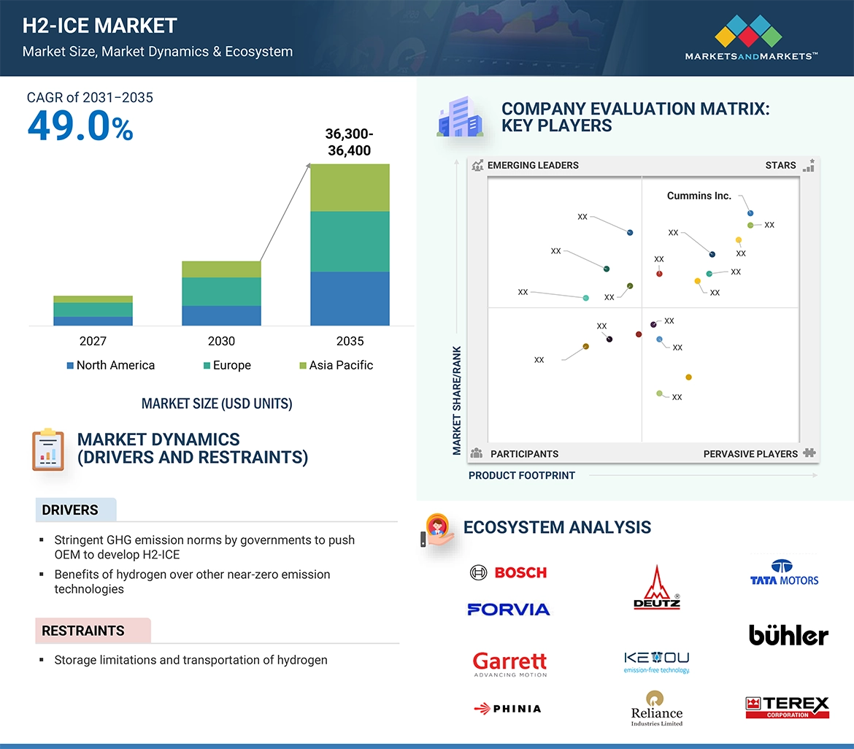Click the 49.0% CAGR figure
pyautogui.click(x=80, y=126)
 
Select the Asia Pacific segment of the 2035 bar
pyautogui.click(x=350, y=188)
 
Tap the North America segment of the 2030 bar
pyautogui.click(x=221, y=315)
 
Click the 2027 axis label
pyautogui.click(x=93, y=341)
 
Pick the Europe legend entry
pyautogui.click(x=227, y=365)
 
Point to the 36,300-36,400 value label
pyautogui.click(x=348, y=142)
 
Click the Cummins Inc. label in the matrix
pyautogui.click(x=699, y=196)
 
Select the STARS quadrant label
pyautogui.click(x=780, y=165)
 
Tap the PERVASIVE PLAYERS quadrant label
pyautogui.click(x=750, y=453)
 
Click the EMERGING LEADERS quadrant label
pyautogui.click(x=533, y=165)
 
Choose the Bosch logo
pyautogui.click(x=509, y=572)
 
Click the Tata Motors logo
pyautogui.click(x=785, y=572)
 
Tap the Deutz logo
pyautogui.click(x=657, y=588)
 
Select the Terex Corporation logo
pyautogui.click(x=788, y=707)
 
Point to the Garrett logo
pyautogui.click(x=509, y=664)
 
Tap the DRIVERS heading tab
pyautogui.click(x=71, y=510)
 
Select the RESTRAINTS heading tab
pyautogui.click(x=83, y=631)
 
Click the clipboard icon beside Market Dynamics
pyautogui.click(x=47, y=449)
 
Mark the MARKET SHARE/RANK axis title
pyautogui.click(x=457, y=400)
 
